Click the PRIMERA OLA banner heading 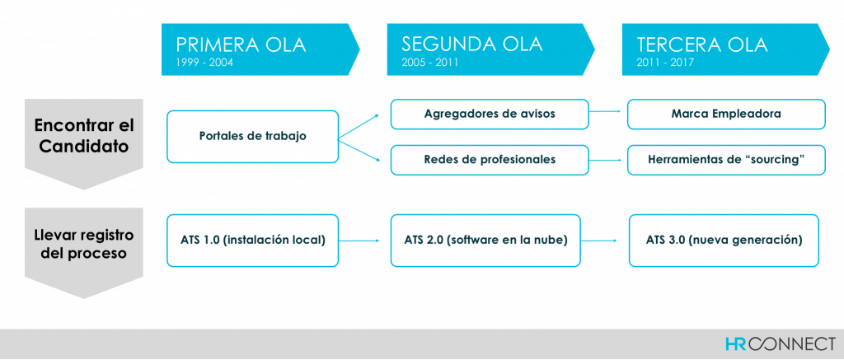coord(241,44)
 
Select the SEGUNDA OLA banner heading coord(472,44)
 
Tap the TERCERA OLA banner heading coord(702,44)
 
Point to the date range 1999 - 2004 coord(204,63)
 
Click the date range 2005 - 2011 coord(429,63)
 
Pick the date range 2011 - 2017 coord(665,63)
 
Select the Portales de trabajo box coord(252,137)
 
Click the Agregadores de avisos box coord(490,114)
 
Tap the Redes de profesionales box coord(490,160)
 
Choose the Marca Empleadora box coord(726,114)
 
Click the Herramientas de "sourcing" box coord(726,160)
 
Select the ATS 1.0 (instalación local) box coord(252,240)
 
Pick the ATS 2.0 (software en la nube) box coord(485,240)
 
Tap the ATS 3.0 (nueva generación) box coord(724,240)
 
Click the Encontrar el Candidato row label coord(83,136)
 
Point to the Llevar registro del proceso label coord(83,245)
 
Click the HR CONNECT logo coord(780,344)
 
